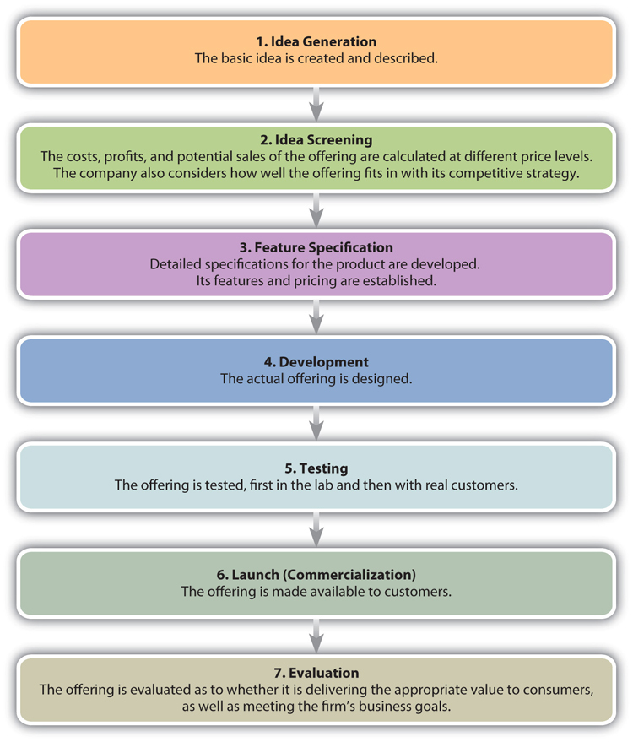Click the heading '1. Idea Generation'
[x=316, y=41]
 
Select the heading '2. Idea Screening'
[x=316, y=139]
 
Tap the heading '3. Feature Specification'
[x=316, y=247]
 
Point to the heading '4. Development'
[x=316, y=362]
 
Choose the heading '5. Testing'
[x=316, y=468]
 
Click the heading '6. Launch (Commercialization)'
[x=316, y=575]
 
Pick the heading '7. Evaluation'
[x=316, y=673]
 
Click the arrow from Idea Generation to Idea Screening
[x=316, y=104]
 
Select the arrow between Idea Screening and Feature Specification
[x=316, y=210]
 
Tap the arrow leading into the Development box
[x=316, y=317]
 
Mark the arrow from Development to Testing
[x=316, y=424]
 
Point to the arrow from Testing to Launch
[x=316, y=529]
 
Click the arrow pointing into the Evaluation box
[x=316, y=636]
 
